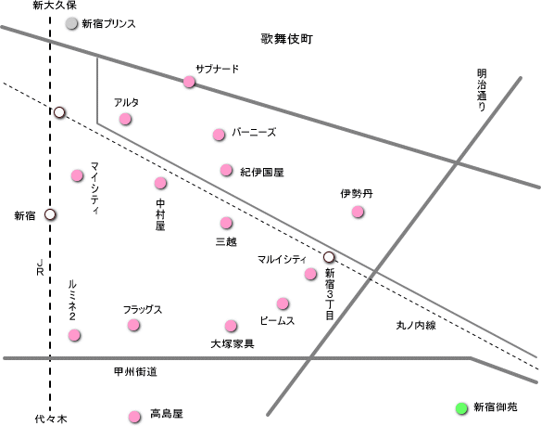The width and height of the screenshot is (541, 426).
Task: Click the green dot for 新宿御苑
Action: click(461, 408)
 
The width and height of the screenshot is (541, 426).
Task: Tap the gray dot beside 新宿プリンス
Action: click(71, 23)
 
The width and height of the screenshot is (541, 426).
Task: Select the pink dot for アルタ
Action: click(125, 119)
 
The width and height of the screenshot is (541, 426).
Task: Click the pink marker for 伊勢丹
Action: click(358, 212)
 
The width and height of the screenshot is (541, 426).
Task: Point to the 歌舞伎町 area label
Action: click(287, 39)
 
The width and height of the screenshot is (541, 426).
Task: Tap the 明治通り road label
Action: click(482, 90)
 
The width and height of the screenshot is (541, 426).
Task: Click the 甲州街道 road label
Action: click(135, 372)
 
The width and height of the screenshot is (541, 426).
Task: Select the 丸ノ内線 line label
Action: click(416, 325)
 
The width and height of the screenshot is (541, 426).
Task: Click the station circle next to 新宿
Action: click(50, 214)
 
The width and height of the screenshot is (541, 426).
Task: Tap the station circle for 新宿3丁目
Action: click(329, 257)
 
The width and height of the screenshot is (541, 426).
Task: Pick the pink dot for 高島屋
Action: click(134, 417)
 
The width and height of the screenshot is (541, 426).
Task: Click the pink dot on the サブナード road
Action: click(189, 82)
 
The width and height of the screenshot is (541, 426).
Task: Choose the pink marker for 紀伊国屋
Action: click(226, 170)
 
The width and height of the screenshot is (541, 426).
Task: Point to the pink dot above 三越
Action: click(226, 223)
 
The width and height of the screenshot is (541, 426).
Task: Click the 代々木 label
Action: click(51, 420)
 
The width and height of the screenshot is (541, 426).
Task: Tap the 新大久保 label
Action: click(55, 6)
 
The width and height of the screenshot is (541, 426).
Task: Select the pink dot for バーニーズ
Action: click(219, 135)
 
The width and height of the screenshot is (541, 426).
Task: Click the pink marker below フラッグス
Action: click(133, 325)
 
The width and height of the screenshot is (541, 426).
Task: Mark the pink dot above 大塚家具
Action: click(231, 326)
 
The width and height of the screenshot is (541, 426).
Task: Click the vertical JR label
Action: click(40, 267)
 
